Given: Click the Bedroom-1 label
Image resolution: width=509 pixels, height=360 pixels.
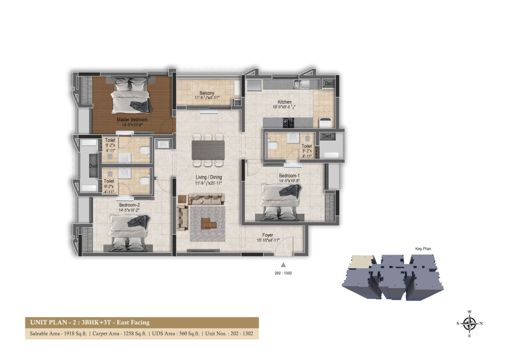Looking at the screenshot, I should [x=289, y=176].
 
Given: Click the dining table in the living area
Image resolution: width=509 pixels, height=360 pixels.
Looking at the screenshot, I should [x=208, y=150].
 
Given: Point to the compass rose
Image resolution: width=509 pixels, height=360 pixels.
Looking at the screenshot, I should [x=469, y=324].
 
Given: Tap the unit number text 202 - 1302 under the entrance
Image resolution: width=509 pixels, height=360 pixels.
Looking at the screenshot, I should [x=282, y=273].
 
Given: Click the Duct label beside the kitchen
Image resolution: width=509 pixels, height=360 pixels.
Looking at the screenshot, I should [x=329, y=84].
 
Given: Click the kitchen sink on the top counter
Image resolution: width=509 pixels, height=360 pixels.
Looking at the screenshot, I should [x=299, y=85].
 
